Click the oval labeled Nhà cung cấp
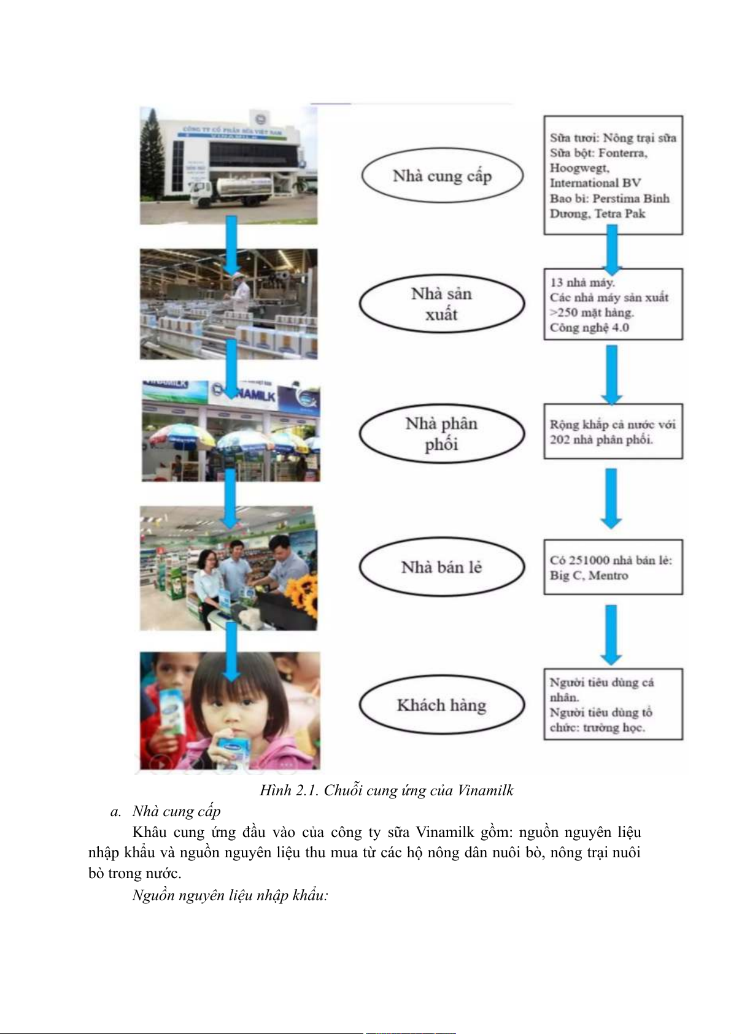coord(442,176)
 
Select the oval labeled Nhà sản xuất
coord(442,304)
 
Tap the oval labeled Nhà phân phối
coord(442,433)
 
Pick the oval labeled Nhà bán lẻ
coord(442,567)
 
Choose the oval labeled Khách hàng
coord(442,705)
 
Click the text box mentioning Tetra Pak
coord(613,175)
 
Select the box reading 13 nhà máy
coord(613,304)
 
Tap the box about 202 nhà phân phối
coord(613,431)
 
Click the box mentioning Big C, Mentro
coord(613,567)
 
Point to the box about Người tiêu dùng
coord(613,704)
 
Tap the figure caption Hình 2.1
coord(386,790)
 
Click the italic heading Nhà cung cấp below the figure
coord(176,811)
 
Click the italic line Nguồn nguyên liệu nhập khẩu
coord(230,895)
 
